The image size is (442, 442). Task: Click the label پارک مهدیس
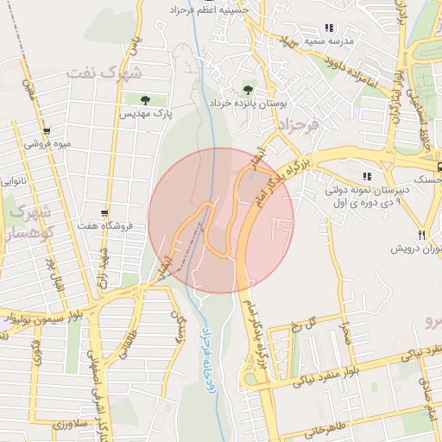(x=146, y=113)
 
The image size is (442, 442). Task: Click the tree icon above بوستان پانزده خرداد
(x=249, y=89)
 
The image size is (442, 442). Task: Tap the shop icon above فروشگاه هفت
(x=104, y=213)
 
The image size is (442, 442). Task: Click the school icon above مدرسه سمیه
(x=328, y=27)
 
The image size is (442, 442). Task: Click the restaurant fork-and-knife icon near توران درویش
(x=422, y=234)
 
